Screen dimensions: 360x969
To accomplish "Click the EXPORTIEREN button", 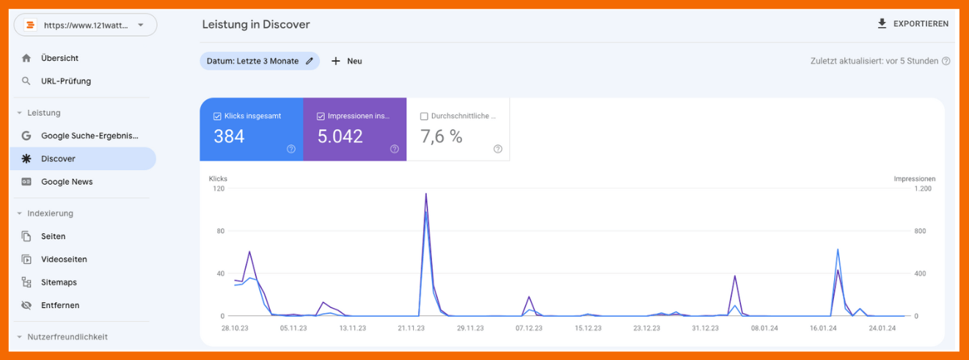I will pos(913,24).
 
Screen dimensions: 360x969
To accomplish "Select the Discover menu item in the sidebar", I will pos(58,158).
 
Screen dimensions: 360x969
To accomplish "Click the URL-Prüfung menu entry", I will pos(66,81).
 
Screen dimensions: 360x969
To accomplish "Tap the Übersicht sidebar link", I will pos(59,58).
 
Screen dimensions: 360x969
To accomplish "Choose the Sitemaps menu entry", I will pos(59,282).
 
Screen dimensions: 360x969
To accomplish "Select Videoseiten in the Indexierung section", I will pos(64,260).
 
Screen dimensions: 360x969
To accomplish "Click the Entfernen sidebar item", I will pos(60,305).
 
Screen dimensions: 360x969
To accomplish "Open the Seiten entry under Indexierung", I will pos(53,236).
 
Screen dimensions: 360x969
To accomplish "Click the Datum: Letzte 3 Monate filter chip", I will pos(260,61).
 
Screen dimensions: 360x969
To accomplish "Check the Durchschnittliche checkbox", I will pos(424,116).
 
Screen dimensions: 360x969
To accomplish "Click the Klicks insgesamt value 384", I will pos(229,136).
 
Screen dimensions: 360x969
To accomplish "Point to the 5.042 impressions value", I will pos(340,136).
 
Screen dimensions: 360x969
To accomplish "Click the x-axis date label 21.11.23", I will pos(411,328).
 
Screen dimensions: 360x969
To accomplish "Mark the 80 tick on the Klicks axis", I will pos(219,231).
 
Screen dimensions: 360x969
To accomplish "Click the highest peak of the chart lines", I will pos(425,194).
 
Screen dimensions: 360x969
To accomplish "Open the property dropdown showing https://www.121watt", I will pos(86,25).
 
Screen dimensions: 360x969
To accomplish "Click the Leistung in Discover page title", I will pos(256,24).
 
